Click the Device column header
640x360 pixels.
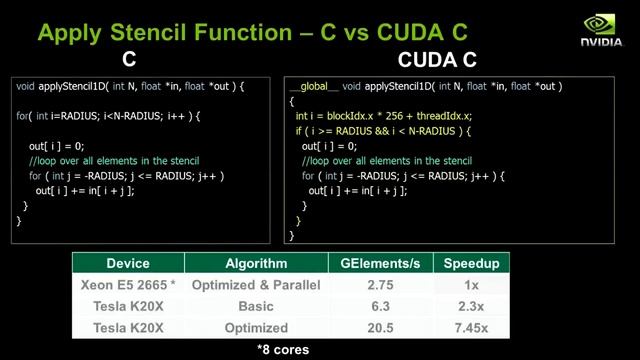click(127, 264)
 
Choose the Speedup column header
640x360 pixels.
click(470, 264)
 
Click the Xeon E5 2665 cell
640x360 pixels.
click(127, 285)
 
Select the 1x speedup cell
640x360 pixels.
click(470, 285)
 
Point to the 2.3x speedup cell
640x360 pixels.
click(470, 306)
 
